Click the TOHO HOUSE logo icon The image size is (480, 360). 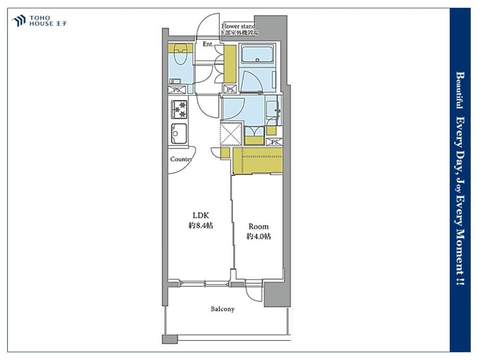coord(18,21)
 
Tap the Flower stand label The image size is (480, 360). coord(238,26)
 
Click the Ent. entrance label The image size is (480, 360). coord(208,44)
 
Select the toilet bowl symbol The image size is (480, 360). coord(180,54)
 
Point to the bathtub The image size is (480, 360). coord(257,55)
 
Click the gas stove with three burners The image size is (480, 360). coord(179,109)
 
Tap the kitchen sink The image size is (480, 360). coord(180,133)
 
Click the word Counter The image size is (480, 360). coord(181,159)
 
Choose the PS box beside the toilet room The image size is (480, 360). coord(177,90)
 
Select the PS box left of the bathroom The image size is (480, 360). coord(230,90)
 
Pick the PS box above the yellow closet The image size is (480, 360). coord(274,143)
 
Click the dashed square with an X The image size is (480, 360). coord(232,133)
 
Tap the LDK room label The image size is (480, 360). coord(201,215)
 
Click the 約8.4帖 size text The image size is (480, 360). coord(201,226)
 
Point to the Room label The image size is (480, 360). coord(258,227)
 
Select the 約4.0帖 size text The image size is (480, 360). coord(258,236)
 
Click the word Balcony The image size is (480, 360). coord(223,309)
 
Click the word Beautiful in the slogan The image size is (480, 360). coord(460,90)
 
